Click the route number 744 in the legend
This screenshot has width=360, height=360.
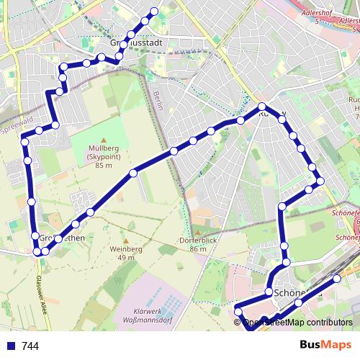(x=30, y=346)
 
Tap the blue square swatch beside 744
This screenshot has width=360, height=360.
(x=11, y=346)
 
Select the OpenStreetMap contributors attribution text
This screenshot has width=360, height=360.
(x=297, y=323)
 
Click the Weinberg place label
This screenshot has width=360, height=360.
(x=127, y=249)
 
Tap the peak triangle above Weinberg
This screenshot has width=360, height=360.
(x=127, y=240)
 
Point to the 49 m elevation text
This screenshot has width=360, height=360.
(x=127, y=258)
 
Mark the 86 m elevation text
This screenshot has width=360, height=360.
(x=198, y=249)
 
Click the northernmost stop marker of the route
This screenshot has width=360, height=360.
(x=153, y=12)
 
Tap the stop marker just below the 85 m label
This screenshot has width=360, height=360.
(x=133, y=173)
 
